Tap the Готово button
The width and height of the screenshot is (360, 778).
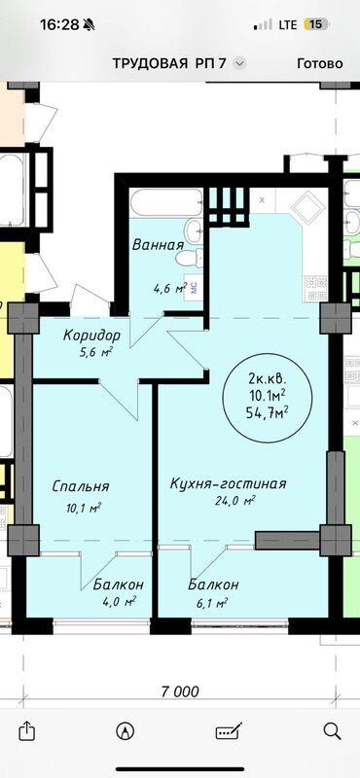[x=319, y=63]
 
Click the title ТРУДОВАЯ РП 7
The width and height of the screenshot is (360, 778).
[x=172, y=63]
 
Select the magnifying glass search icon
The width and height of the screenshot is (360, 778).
[x=332, y=729]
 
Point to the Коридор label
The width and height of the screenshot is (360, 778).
[x=92, y=336]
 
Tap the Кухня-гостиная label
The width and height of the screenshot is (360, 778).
[x=227, y=484]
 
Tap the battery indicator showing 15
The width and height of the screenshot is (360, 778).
[x=317, y=23]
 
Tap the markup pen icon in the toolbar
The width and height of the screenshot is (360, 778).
[x=229, y=729]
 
